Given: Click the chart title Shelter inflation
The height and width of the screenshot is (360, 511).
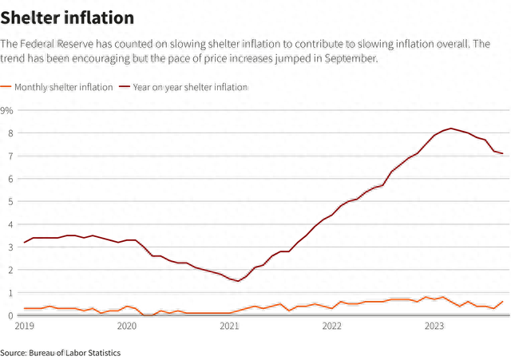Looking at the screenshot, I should tap(67, 17).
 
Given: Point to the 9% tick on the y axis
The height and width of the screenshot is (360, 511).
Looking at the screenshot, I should tap(7, 109).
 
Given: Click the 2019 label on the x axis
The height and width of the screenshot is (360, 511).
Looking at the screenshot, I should tap(25, 326).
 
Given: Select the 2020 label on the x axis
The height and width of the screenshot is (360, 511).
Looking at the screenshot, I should tap(127, 326).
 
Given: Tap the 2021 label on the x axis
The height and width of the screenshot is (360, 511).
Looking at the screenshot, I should tap(229, 326).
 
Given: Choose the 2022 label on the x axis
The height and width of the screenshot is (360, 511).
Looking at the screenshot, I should tap(331, 326).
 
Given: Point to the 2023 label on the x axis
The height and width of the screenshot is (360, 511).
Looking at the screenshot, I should tap(434, 326).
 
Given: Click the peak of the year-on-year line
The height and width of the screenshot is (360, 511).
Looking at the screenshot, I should tap(451, 129).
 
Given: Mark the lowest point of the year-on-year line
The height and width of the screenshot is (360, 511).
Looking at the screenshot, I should tap(238, 281).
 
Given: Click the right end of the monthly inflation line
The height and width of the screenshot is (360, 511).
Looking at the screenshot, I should tap(502, 303).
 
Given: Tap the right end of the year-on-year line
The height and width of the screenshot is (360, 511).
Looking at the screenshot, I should tap(502, 154).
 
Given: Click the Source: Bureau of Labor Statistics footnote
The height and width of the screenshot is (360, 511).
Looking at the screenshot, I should tap(61, 352).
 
